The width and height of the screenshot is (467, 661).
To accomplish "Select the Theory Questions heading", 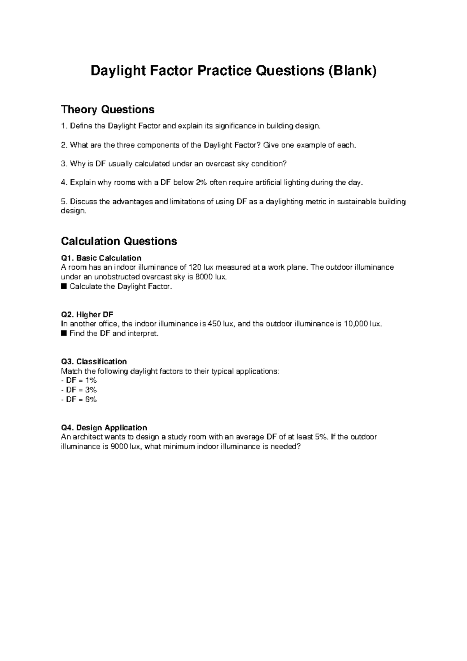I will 107,110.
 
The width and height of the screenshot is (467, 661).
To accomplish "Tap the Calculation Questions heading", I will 119,241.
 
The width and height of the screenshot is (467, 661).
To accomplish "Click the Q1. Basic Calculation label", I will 101,258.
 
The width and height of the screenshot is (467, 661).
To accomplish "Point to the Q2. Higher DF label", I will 87,315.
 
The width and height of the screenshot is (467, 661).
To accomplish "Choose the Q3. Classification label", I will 94,362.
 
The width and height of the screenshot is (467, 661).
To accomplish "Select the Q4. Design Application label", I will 104,428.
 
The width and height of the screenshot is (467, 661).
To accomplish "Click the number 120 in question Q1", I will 195,267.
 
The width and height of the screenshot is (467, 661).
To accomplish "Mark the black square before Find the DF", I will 64,334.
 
